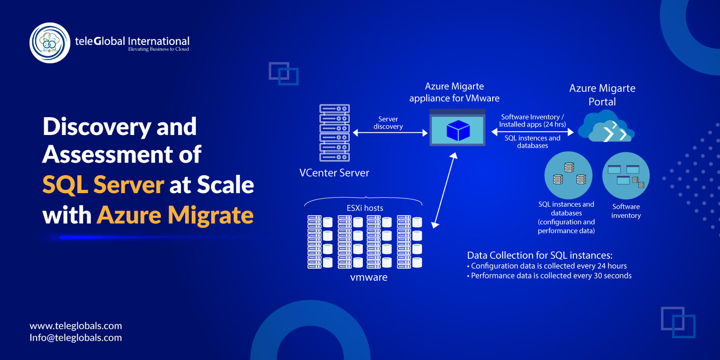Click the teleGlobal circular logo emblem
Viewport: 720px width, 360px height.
[50, 43]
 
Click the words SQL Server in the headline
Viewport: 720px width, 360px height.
[103, 185]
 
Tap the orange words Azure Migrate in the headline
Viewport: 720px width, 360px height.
[175, 215]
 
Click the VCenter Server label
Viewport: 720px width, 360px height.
[334, 173]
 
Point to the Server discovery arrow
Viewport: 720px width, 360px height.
[390, 133]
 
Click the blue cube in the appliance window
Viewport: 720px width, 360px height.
[457, 130]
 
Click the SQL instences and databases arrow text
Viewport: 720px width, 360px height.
[532, 142]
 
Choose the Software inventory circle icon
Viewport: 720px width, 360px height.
[626, 175]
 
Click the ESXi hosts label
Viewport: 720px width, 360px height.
[364, 208]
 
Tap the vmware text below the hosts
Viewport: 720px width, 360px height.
[369, 277]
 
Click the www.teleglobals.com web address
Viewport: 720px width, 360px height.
[76, 326]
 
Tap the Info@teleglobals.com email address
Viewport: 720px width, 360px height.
[76, 337]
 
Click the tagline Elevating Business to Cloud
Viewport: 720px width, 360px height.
[158, 49]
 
